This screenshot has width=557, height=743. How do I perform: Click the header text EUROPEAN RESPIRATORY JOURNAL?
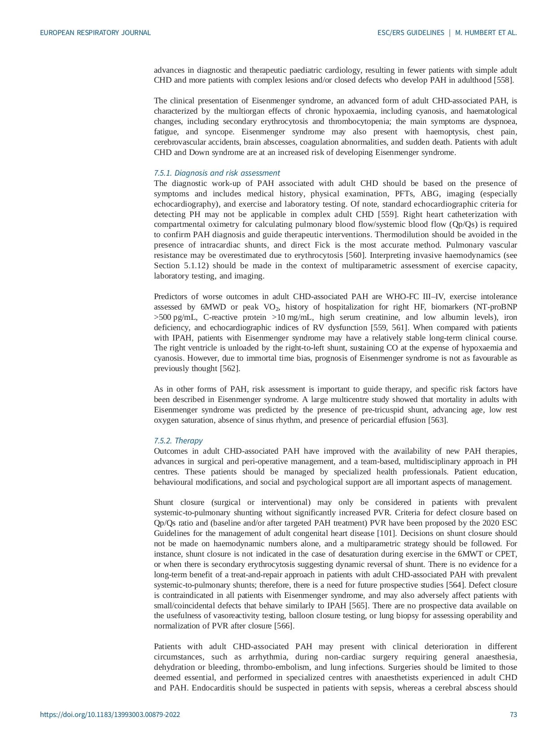pos(95,33)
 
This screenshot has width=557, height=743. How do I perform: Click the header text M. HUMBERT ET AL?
pos(486,33)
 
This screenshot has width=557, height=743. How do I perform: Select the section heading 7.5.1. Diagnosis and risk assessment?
pos(216,173)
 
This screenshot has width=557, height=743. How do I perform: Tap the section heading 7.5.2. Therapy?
pos(178,441)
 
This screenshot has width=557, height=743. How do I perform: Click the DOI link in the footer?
pos(110,714)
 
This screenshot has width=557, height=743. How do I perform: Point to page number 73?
pos(513,714)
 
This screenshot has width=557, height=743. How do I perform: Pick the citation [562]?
pos(230,369)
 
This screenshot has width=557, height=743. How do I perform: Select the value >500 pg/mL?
pos(173,317)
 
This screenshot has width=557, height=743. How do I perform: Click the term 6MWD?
pos(213,307)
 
